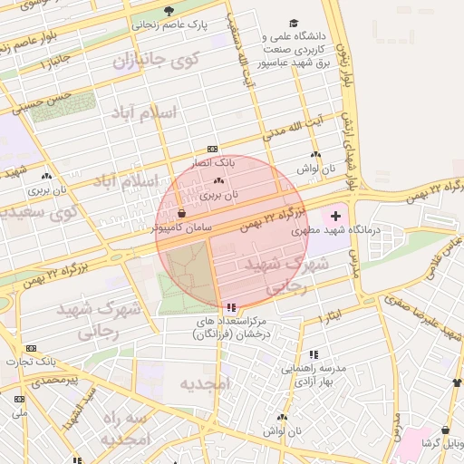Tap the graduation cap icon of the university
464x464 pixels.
coord(293,23)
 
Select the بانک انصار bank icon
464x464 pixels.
coord(212,149)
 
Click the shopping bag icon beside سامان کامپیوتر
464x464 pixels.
coord(182,214)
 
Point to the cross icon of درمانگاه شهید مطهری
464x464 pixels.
coord(336,216)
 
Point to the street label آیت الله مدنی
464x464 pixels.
coord(293,130)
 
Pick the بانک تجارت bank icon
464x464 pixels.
coord(32,348)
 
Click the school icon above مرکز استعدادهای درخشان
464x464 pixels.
coord(232,308)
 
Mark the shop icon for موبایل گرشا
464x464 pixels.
coord(445,430)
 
